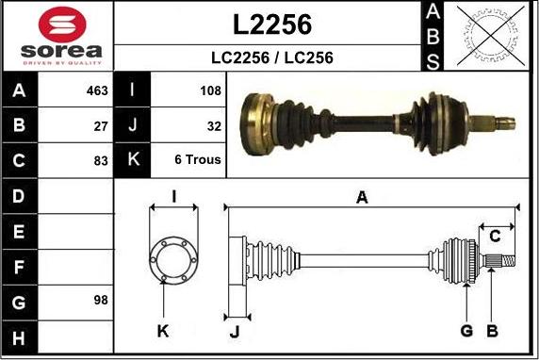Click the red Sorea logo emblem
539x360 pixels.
click(x=62, y=25)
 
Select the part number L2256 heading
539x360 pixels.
click(x=272, y=25)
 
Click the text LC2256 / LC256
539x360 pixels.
click(x=272, y=57)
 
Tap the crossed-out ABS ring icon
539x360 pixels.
click(x=491, y=36)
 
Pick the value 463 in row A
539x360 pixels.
click(x=97, y=90)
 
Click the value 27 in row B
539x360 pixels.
click(x=101, y=126)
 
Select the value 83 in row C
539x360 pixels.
click(x=101, y=160)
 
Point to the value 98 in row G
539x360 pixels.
click(x=101, y=300)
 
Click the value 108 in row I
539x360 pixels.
click(x=211, y=90)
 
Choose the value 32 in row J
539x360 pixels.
click(x=214, y=126)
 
